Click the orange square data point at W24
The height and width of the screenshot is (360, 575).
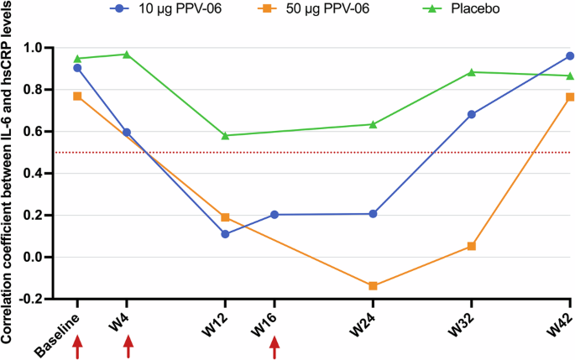coord(373,286)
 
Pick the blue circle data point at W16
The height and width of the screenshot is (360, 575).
coord(274,215)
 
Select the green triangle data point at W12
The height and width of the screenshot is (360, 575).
coord(225,135)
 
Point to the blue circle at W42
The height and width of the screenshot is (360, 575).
coord(570,56)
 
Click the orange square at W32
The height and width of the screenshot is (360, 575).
coord(472,246)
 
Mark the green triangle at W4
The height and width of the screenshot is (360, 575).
coord(127,55)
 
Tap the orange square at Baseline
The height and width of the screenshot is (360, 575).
coord(77,97)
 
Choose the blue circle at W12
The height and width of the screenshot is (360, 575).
coord(225,234)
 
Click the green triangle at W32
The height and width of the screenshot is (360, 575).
coord(472,72)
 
